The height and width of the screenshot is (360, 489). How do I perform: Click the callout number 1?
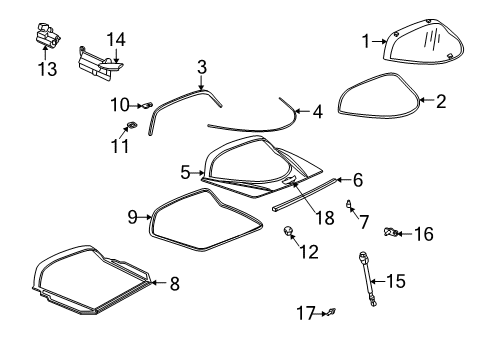pyautogui.click(x=366, y=41)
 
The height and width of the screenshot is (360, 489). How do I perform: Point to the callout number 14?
pyautogui.click(x=117, y=39)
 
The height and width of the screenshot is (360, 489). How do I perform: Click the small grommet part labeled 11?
pyautogui.click(x=130, y=125)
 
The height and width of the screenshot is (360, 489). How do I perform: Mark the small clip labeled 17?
pyautogui.click(x=331, y=314)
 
